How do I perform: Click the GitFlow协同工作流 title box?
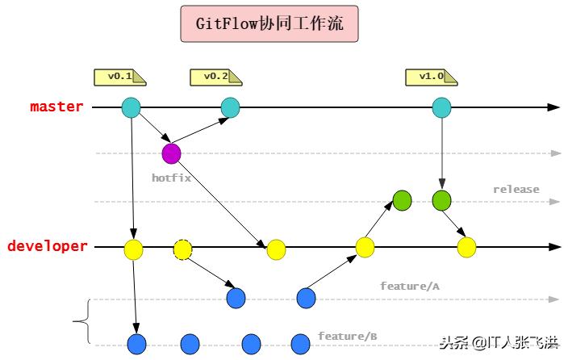(x=269, y=24)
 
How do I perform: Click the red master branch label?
(x=56, y=107)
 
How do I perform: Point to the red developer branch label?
(x=48, y=246)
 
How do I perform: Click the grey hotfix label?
(x=171, y=177)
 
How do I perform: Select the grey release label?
(x=516, y=189)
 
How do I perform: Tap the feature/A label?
(x=410, y=286)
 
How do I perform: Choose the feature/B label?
(x=347, y=336)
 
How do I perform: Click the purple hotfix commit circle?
(x=171, y=153)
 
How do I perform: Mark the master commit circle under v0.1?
(x=131, y=107)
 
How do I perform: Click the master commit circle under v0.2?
(x=230, y=107)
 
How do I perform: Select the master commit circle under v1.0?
(x=441, y=107)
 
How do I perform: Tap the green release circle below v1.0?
(x=441, y=200)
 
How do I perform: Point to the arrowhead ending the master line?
(x=553, y=107)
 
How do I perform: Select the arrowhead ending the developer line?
(x=553, y=246)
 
